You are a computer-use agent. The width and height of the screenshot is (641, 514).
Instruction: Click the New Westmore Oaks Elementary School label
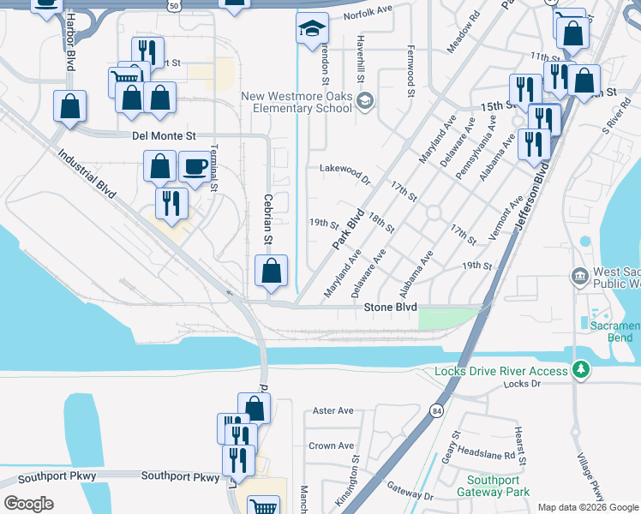coord(296,102)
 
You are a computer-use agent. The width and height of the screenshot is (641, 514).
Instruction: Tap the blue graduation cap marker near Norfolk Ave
coord(312,30)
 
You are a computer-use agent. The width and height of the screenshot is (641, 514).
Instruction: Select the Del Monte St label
coord(165,135)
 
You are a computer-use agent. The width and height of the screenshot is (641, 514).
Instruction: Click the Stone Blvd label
coord(390,307)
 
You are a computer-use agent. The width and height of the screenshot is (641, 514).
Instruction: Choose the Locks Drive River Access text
coord(501,371)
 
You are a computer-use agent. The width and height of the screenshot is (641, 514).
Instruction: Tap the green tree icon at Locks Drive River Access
coord(582,369)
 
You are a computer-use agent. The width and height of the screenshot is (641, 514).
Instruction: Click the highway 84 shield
coord(437,410)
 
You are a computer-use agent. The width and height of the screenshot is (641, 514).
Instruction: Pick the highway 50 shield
coord(175,5)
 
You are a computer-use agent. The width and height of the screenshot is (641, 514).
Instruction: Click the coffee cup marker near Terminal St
coord(195,165)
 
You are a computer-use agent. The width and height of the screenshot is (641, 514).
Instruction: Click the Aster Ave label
coord(333,411)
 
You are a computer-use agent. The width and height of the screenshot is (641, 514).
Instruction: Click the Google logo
coord(28,503)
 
